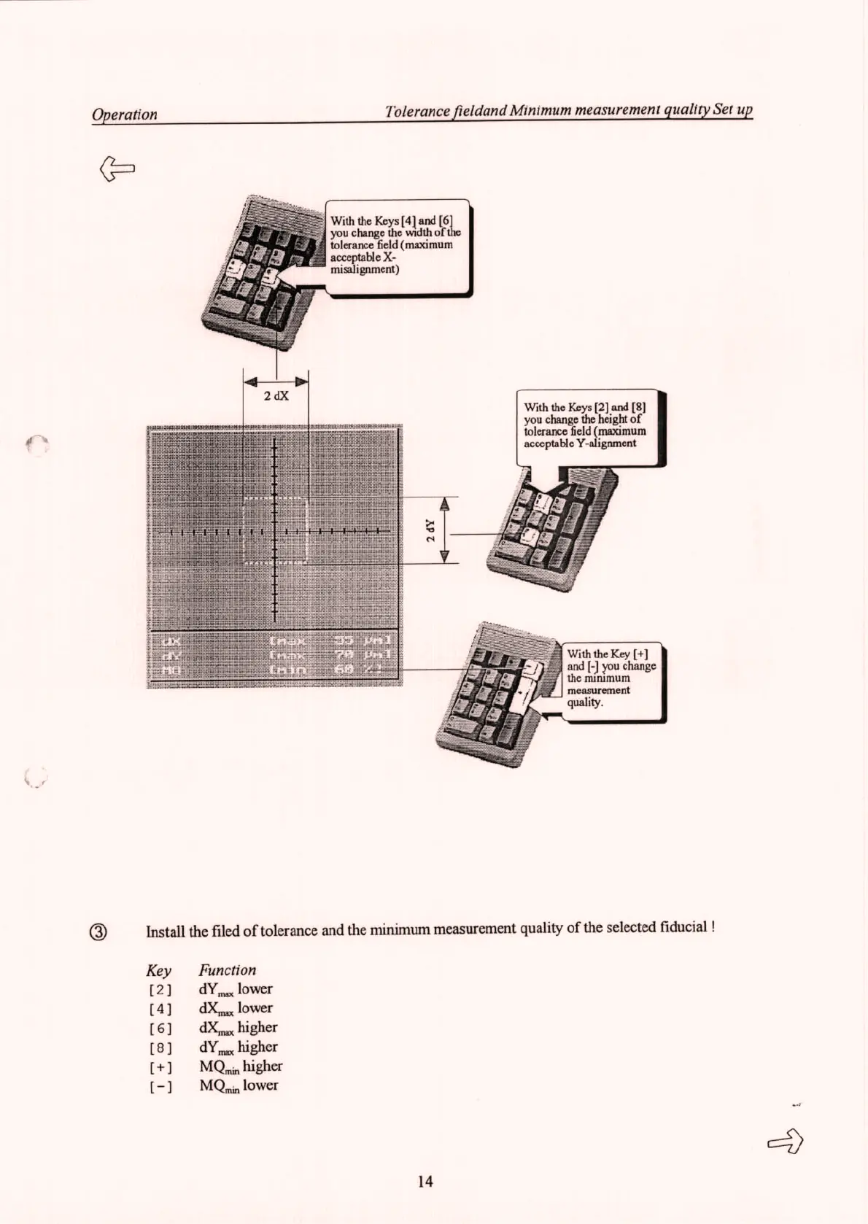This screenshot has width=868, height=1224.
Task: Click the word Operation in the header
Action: pos(124,115)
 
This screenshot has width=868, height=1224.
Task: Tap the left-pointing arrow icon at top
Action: pos(117,169)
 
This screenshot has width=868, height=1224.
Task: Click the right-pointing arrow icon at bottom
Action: pos(785,1141)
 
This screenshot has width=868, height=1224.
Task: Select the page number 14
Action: pos(425,1181)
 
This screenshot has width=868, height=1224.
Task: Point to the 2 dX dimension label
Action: pos(276,396)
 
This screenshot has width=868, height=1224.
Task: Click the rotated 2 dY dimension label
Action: pos(431,530)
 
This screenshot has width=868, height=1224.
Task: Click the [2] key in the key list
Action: pos(159,991)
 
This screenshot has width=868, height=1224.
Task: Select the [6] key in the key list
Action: pos(159,1029)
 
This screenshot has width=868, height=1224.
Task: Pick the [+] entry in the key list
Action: pos(159,1068)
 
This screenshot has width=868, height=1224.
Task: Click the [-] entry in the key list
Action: pos(159,1087)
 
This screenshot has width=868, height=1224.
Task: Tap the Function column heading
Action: pos(228,970)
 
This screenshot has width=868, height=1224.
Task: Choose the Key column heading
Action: pos(158,971)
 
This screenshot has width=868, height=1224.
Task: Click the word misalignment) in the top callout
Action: pos(365,269)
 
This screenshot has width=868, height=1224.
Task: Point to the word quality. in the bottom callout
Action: pos(585,702)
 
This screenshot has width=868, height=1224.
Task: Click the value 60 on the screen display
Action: pos(343,670)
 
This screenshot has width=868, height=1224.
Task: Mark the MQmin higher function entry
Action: pos(241,1067)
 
